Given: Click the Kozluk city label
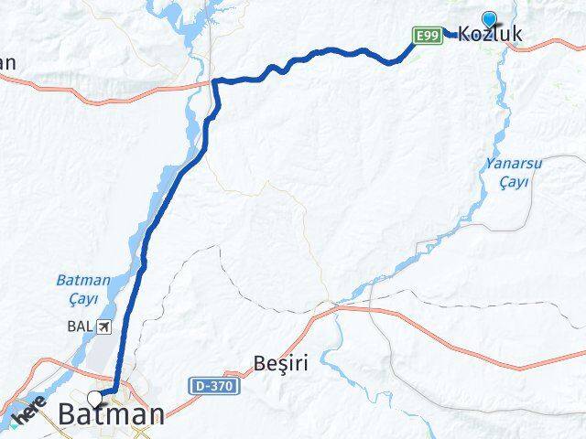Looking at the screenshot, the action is click(490, 35).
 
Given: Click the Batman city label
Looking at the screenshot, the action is click(112, 413).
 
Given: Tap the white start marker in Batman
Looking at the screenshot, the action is click(97, 398).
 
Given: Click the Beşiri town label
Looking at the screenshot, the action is click(280, 363).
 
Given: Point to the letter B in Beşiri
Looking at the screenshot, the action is click(259, 363).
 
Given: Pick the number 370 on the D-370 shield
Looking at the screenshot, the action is click(222, 387).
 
